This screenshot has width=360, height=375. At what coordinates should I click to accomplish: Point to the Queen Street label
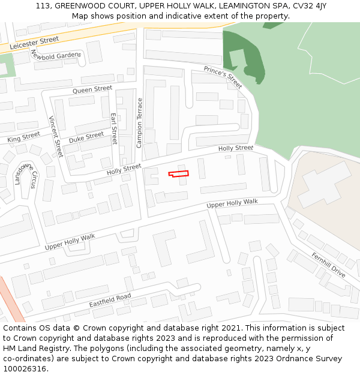click(x=92, y=89)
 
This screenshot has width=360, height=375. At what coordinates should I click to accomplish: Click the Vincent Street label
click(x=56, y=136)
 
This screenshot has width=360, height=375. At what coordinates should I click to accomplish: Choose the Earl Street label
click(x=113, y=128)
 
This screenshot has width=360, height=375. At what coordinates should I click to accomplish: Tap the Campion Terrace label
click(x=140, y=122)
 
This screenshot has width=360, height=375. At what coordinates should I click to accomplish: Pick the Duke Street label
click(x=86, y=137)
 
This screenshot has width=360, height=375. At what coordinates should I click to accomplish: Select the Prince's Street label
click(x=223, y=77)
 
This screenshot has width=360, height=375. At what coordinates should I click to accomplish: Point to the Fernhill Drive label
click(x=328, y=264)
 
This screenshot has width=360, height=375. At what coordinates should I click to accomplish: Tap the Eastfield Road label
click(x=110, y=301)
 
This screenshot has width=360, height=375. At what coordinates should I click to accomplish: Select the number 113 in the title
click(x=42, y=5)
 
